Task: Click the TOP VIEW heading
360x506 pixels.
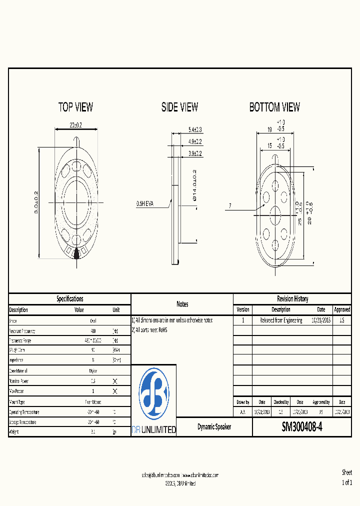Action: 75,107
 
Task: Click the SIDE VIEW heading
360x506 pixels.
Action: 179,107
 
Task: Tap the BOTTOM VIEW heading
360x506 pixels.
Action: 274,107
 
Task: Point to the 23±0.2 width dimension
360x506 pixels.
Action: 75,124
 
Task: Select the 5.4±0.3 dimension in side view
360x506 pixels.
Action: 195,129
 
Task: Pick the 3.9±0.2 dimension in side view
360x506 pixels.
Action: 195,153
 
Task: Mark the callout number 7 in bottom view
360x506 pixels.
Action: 230,205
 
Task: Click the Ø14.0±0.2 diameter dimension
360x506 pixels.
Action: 195,185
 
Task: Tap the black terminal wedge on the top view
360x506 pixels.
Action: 76,254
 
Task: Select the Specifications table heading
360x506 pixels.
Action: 69,299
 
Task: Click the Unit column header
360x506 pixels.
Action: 116,310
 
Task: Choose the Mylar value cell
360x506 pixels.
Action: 93,370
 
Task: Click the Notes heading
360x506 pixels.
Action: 182,304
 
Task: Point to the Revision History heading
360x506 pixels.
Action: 292,299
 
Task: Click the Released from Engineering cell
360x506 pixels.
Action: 281,320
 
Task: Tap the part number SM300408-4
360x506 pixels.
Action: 302,427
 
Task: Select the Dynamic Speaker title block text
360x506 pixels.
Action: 214,427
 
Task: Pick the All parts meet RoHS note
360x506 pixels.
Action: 150,330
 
